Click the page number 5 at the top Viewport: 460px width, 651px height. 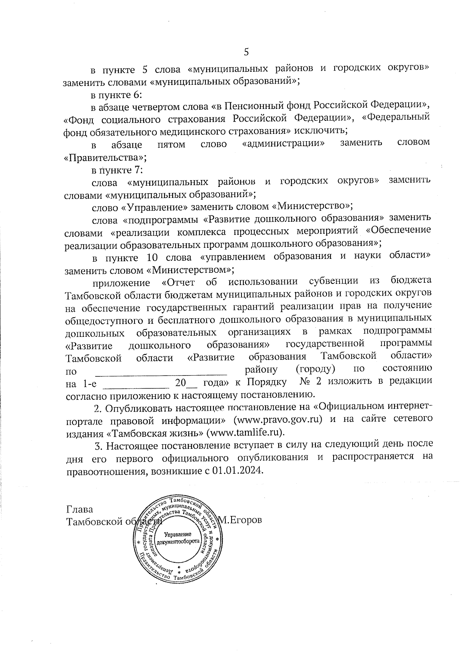pyautogui.click(x=246, y=52)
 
